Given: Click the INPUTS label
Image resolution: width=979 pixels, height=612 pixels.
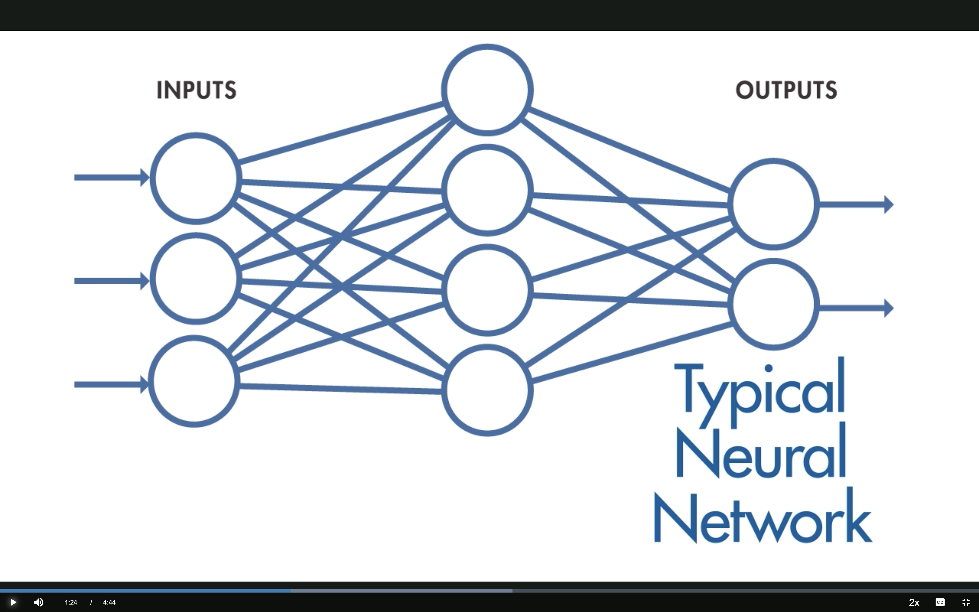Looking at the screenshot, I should tap(196, 90).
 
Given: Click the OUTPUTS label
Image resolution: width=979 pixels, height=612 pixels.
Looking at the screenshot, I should tap(786, 90).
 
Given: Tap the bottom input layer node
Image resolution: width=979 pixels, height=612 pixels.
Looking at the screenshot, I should tap(194, 381).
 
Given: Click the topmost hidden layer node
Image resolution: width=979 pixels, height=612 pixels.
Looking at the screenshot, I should tap(487, 90).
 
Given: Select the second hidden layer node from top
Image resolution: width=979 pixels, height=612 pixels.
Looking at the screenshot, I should tap(487, 190).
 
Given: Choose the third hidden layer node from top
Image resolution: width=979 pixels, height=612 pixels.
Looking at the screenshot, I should tap(487, 290).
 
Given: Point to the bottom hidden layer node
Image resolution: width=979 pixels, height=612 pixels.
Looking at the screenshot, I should tap(487, 390).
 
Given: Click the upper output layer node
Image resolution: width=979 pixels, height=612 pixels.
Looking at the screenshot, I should tap(773, 204).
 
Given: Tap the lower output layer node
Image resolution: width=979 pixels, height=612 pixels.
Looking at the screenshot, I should tap(773, 304).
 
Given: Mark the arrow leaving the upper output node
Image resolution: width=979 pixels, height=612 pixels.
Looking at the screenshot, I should tap(856, 204).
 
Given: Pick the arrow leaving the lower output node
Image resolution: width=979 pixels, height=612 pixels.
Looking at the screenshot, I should tap(856, 308).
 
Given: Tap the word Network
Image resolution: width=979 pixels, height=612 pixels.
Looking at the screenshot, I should tap(762, 518).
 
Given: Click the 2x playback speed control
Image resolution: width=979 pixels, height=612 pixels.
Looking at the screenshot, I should tap(914, 602).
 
